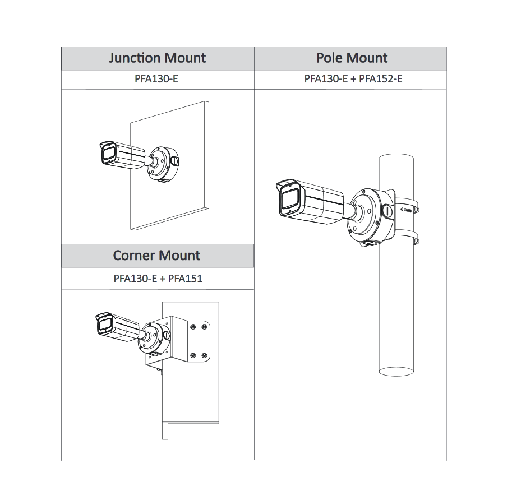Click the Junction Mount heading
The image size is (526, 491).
pos(157,58)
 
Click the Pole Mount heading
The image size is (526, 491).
pos(352,58)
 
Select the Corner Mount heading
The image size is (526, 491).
pos(156,256)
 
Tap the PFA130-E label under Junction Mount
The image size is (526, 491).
pos(158,79)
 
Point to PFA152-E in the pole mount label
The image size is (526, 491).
pos(381,79)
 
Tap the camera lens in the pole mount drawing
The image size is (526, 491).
pos(288,199)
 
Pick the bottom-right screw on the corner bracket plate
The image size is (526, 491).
pos(205,355)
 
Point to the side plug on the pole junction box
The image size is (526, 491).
pos(387,211)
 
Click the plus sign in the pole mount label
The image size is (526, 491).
pos(353,79)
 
